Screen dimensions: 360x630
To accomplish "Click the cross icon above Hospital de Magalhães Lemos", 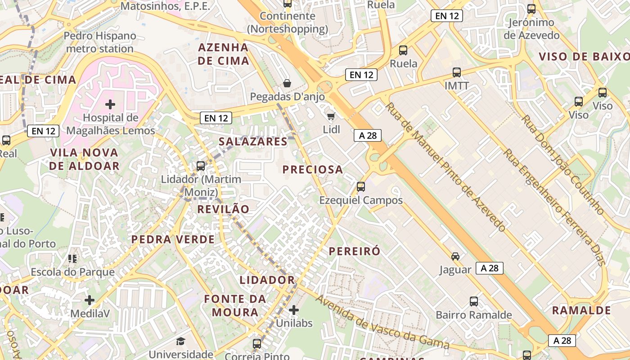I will (110, 105).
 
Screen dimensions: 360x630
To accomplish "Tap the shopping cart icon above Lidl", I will (331, 117).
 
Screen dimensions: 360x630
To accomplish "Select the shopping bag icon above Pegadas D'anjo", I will (287, 83).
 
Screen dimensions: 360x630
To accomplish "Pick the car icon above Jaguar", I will (455, 256).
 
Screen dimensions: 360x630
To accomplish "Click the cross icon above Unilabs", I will (293, 310).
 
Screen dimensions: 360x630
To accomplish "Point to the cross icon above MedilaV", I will (90, 300).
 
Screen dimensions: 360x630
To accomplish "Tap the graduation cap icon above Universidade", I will (180, 341).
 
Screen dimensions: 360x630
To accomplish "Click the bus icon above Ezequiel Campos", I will (360, 186).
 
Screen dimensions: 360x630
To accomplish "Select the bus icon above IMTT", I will (457, 72).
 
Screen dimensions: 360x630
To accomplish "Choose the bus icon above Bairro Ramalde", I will (473, 301).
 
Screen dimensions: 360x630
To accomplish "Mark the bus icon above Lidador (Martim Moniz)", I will (201, 166).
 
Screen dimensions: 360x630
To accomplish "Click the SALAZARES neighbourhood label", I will (253, 141).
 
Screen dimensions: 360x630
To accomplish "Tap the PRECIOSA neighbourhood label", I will (313, 170).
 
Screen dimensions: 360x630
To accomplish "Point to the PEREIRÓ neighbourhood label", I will (355, 251).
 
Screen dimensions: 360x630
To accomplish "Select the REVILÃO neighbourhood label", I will (223, 209).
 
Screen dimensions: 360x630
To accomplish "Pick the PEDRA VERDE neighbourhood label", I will (173, 239).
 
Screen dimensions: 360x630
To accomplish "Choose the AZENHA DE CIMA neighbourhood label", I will (223, 54).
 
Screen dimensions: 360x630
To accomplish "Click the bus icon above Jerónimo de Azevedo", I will (531, 9).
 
